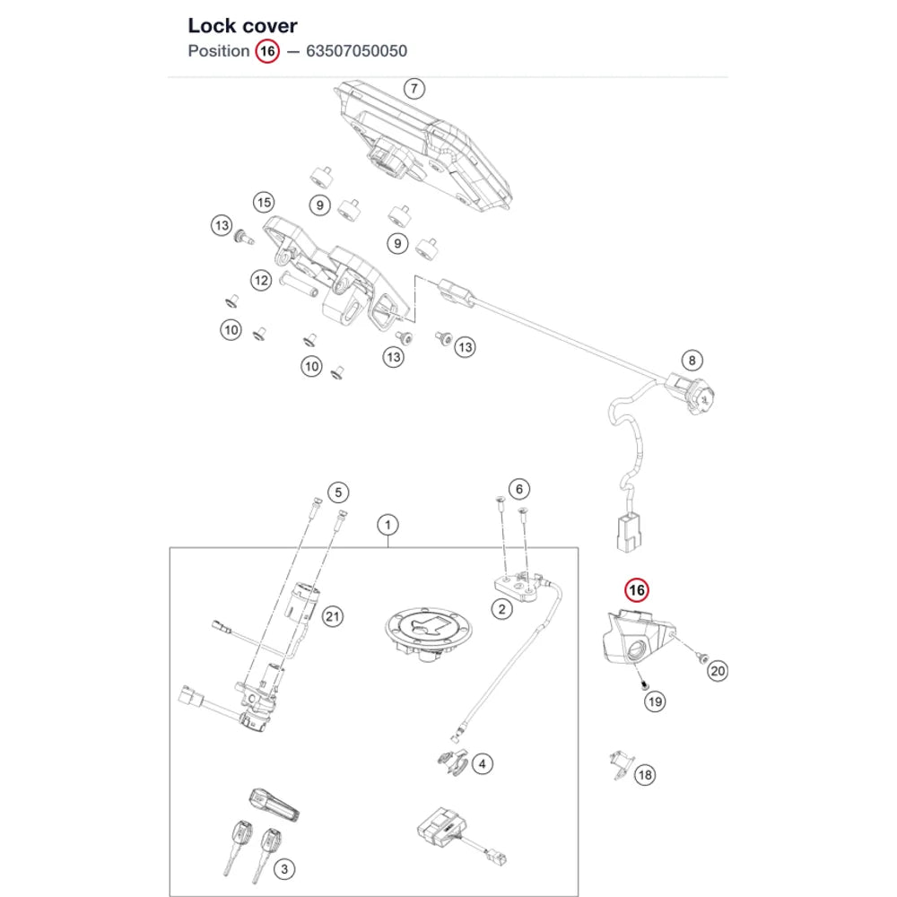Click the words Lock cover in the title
point(242,26)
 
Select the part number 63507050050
point(356,51)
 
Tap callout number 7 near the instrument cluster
point(414,89)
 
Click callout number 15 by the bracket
point(264,203)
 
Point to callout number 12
point(261,280)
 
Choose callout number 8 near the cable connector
point(692,361)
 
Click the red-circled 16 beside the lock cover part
point(637,590)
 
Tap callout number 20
point(718,671)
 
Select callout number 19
point(655,701)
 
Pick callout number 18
point(645,775)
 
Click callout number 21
point(333,617)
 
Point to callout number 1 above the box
point(388,525)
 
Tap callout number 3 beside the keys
point(284,869)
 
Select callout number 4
point(483,763)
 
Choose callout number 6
point(518,489)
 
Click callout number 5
point(338,492)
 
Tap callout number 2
point(501,609)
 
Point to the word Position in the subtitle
point(219,51)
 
